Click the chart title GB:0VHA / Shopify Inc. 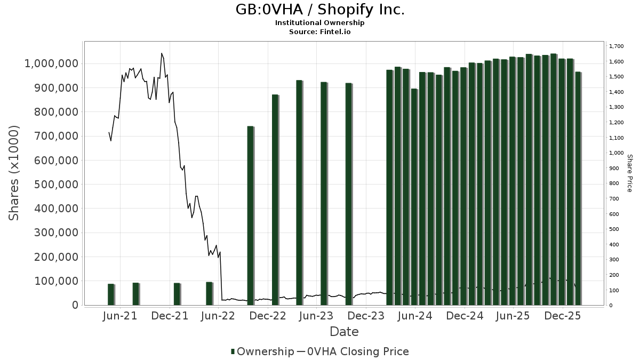pos(320,10)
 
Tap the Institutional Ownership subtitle pos(320,23)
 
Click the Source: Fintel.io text pos(320,32)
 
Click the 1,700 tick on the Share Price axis pos(616,47)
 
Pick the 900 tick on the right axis pos(614,169)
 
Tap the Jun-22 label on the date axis pos(218,316)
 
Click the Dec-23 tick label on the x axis pos(366,316)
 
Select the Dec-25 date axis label pos(563,316)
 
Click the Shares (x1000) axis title pos(14,173)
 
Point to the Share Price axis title pos(629,173)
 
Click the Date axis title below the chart pos(344,332)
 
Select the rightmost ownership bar pos(578,188)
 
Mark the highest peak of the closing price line pos(162,53)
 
